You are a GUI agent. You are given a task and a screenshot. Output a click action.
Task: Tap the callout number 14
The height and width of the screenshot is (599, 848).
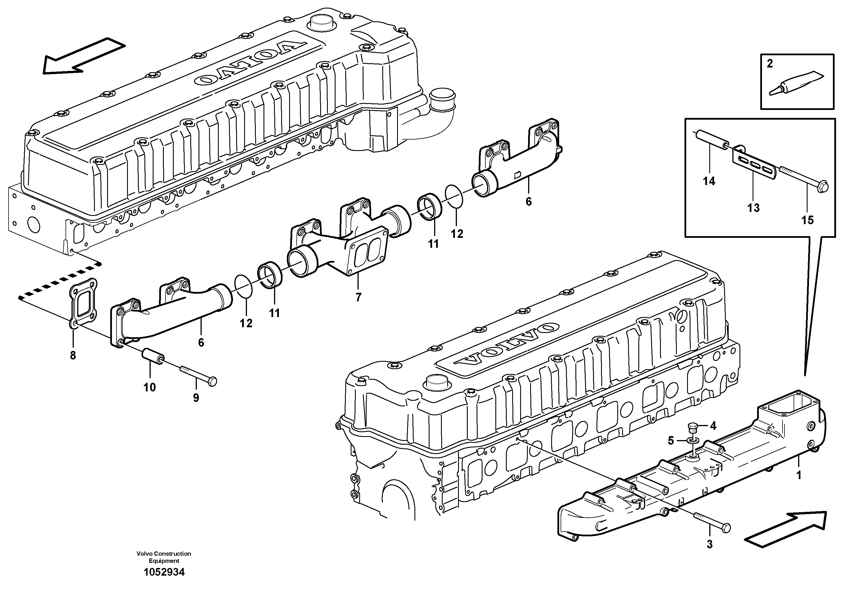pos(709,181)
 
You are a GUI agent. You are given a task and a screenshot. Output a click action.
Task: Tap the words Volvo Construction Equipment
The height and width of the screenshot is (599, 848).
pos(164,557)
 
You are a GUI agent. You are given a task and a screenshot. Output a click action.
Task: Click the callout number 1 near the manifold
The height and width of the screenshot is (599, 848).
pos(798,475)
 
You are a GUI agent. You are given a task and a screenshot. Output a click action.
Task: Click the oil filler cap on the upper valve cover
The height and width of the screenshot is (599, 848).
pos(322,24)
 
